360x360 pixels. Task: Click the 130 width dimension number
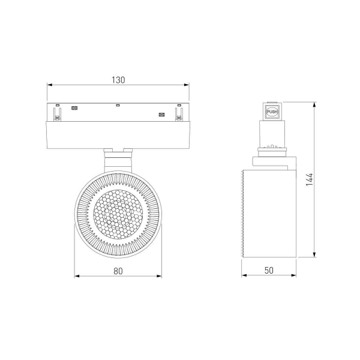[x=118, y=80]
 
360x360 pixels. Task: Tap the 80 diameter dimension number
[x=118, y=271]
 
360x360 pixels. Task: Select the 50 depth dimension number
[x=268, y=271]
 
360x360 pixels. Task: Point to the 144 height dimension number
[x=309, y=180]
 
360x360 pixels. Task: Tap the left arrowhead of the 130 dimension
[x=49, y=85]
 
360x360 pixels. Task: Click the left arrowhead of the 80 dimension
[x=77, y=277]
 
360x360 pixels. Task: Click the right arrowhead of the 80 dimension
[x=160, y=277]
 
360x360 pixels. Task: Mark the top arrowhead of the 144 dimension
[x=316, y=103]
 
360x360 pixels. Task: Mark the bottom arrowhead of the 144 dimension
[x=316, y=256]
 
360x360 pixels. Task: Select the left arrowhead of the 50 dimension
[x=244, y=277]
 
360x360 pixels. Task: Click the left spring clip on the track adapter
[x=58, y=113]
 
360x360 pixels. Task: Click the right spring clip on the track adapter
[x=178, y=113]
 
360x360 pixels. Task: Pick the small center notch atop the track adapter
[x=118, y=106]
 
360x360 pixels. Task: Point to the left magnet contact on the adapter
[x=75, y=109]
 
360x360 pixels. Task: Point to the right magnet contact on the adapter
[x=161, y=115]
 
